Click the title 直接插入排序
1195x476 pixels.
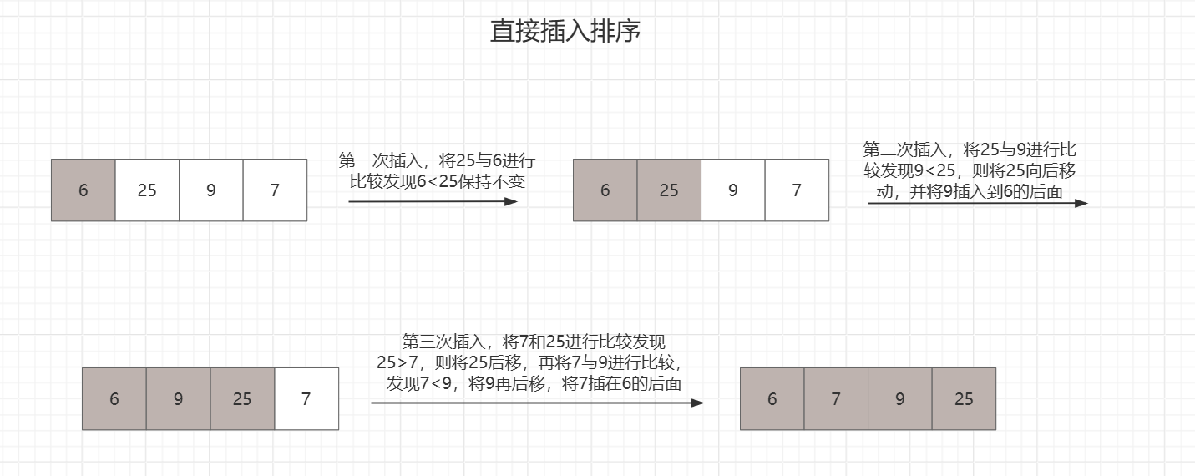[x=565, y=32]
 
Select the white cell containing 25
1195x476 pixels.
[x=147, y=190]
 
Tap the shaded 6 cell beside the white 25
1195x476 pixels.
[x=84, y=190]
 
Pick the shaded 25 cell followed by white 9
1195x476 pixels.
[x=669, y=190]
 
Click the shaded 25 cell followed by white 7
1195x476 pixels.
[x=242, y=399]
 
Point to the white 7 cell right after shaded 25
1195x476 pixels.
[x=306, y=399]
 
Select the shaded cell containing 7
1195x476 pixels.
[x=836, y=399]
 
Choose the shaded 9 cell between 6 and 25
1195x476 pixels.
[x=178, y=399]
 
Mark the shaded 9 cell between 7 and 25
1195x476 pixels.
[x=900, y=399]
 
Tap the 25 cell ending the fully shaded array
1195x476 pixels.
[x=964, y=399]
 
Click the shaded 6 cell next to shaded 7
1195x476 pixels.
[x=772, y=399]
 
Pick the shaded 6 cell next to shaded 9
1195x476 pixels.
[x=114, y=399]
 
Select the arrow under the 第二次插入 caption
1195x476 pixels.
[x=977, y=203]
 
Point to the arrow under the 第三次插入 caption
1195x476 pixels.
[x=537, y=403]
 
